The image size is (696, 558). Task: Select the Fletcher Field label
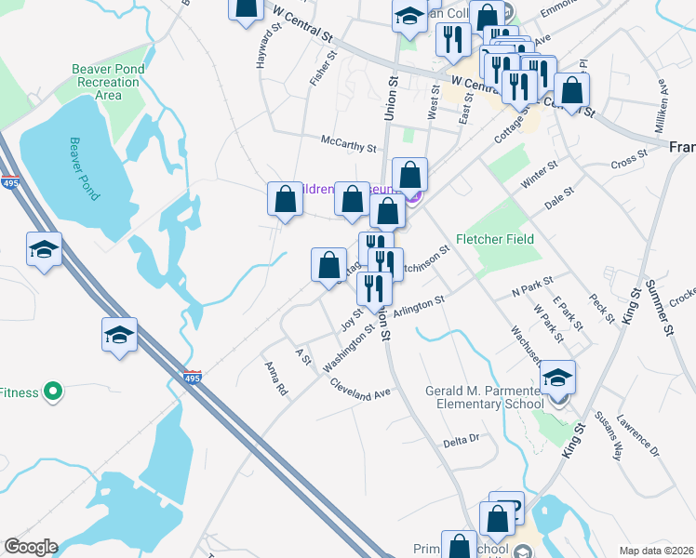(494, 239)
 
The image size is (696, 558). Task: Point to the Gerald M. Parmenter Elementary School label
(484, 397)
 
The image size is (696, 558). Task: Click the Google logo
(31, 547)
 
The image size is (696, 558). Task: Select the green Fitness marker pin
(53, 392)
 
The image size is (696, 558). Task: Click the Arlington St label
(420, 307)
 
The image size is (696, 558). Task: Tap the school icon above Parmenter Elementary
(557, 377)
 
